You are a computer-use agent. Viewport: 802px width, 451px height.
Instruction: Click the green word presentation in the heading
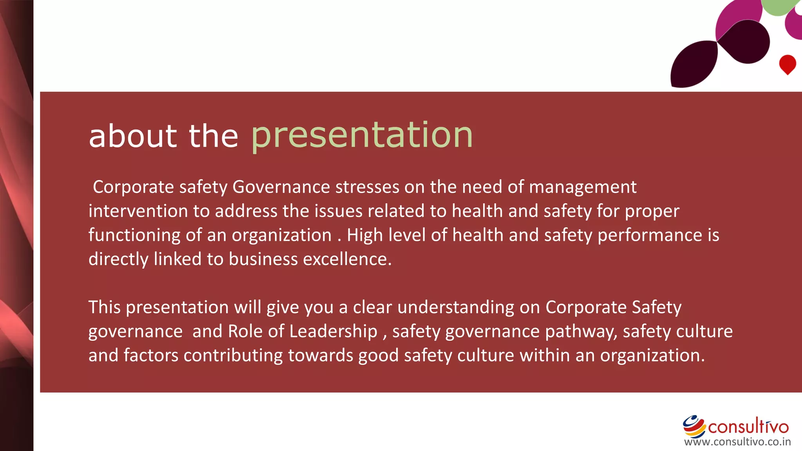(x=362, y=135)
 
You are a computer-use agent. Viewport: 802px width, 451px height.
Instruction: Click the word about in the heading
(x=133, y=136)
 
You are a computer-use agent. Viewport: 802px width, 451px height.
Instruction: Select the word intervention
(x=138, y=211)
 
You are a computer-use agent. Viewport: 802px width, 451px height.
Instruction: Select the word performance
(x=650, y=235)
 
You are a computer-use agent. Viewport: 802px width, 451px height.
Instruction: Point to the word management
(x=582, y=188)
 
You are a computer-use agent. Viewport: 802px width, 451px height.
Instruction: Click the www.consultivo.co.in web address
(x=737, y=442)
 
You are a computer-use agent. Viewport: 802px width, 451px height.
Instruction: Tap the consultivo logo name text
(x=748, y=427)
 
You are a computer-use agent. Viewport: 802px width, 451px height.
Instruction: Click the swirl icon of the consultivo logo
(x=694, y=426)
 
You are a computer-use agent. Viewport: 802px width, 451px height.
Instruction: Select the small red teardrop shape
(x=787, y=64)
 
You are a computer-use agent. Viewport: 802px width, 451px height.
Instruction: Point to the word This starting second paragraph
(x=104, y=307)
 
